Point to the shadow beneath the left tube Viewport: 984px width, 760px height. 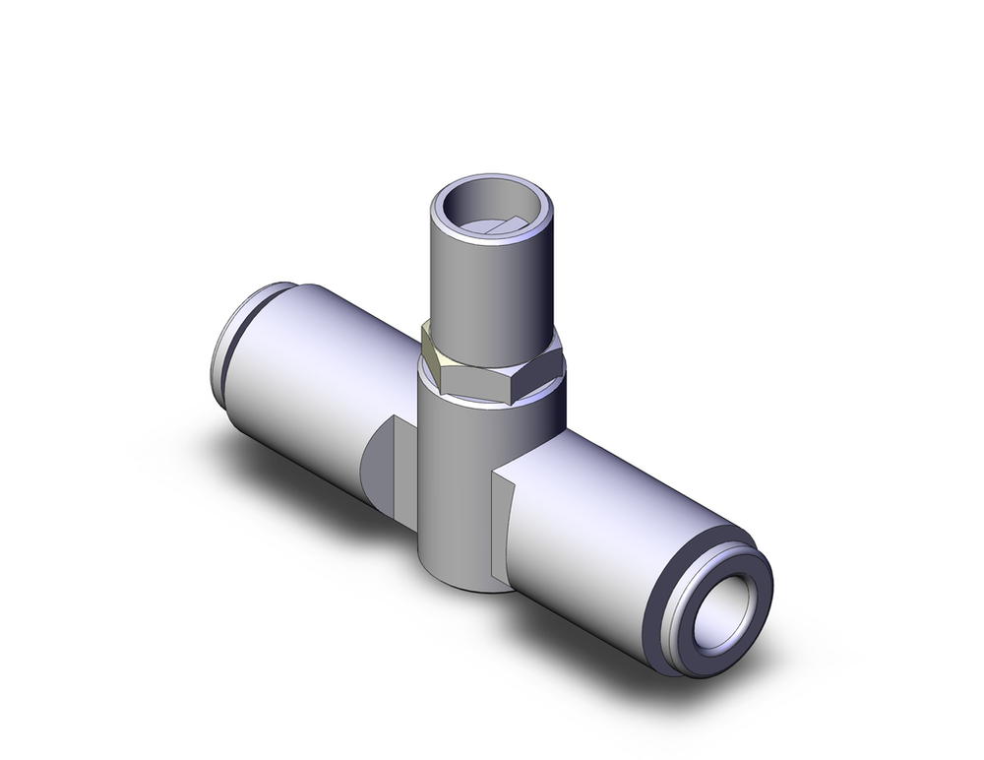tap(295, 473)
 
